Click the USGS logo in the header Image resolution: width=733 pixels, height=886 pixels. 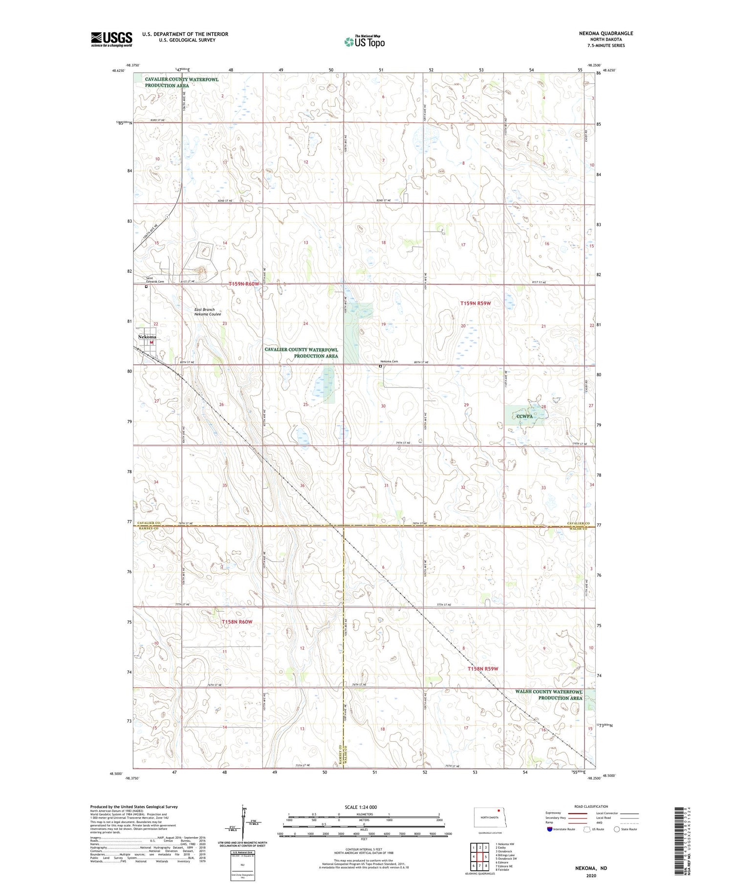[111, 39]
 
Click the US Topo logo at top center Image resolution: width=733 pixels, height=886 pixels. [364, 42]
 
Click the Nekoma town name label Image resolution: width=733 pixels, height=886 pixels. [147, 337]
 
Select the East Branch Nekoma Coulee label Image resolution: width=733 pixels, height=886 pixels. [208, 312]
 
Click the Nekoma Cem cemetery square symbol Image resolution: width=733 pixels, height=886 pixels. [380, 366]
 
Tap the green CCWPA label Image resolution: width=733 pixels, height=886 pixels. [524, 416]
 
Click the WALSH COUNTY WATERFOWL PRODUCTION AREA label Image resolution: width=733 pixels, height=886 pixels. [549, 695]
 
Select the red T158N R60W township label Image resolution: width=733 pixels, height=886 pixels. [237, 622]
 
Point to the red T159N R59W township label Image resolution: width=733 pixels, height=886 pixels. [475, 303]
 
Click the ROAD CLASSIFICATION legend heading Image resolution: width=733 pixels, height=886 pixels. [591, 806]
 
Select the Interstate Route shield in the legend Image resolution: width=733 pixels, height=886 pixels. [549, 829]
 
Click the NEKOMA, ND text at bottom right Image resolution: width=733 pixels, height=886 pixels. [591, 868]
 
